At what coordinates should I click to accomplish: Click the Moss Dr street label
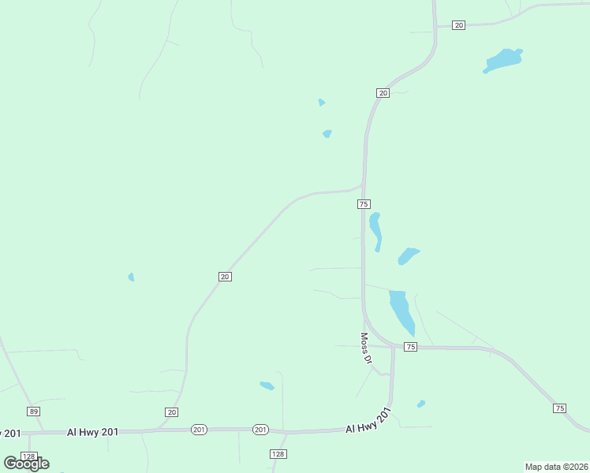tap(366, 348)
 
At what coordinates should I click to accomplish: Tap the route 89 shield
tap(33, 412)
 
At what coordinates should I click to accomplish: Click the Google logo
tap(26, 464)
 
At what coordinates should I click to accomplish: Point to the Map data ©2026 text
tap(557, 467)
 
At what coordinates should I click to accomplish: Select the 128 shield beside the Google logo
tap(29, 457)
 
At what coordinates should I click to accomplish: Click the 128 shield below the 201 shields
tap(278, 454)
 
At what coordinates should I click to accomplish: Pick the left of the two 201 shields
tap(199, 430)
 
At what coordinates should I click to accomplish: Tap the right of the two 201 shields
tap(261, 430)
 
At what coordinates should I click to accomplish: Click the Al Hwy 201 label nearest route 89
tap(92, 431)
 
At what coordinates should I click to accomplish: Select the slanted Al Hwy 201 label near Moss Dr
tap(368, 421)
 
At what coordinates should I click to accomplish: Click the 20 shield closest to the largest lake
tap(459, 25)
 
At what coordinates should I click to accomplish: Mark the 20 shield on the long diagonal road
tap(225, 276)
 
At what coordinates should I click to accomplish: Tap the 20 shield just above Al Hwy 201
tap(172, 412)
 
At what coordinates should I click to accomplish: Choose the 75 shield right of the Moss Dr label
tap(410, 347)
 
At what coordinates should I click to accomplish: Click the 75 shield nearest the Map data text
tap(559, 408)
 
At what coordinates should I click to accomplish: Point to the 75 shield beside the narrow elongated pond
tap(364, 204)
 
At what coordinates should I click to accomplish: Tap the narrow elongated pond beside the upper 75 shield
tap(375, 229)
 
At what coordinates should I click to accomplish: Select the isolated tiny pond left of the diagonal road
tap(131, 277)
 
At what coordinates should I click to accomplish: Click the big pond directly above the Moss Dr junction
tap(401, 311)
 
